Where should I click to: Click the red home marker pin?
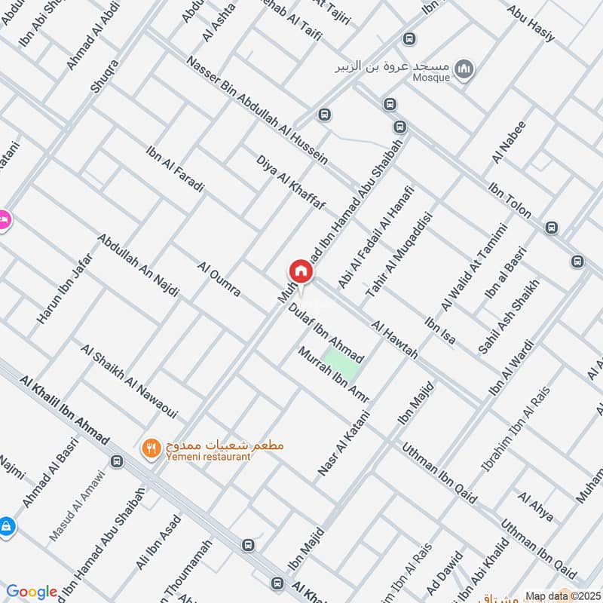pos(299,271)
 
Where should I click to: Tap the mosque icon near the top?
pos(467,69)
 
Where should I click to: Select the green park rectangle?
pos(342,365)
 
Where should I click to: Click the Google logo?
pos(31,592)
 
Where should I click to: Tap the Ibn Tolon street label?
pos(510,205)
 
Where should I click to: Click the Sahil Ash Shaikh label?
pos(510,317)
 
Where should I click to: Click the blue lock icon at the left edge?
pos(5,525)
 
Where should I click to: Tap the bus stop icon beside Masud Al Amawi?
pos(116,461)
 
